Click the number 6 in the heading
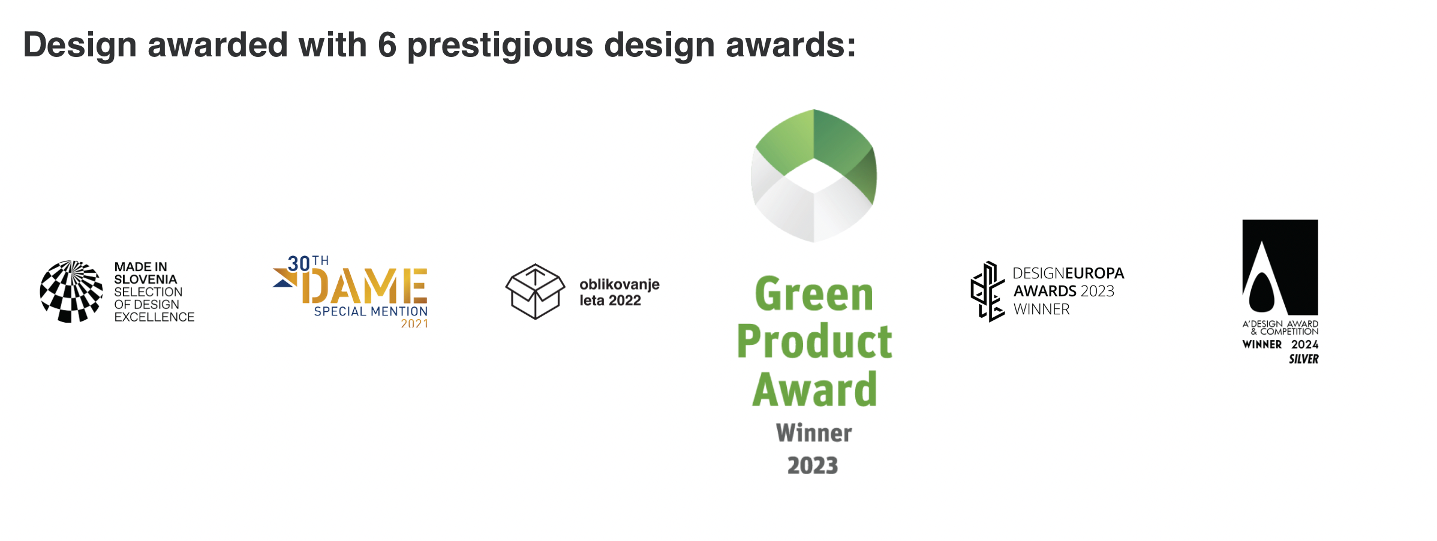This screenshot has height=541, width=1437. tap(387, 45)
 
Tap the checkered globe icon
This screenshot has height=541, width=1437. tap(71, 291)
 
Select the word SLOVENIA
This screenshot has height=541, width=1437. tap(146, 279)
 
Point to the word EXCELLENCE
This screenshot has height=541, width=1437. tap(155, 317)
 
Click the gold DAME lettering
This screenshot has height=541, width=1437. tap(368, 286)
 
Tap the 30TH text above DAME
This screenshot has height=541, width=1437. tap(308, 263)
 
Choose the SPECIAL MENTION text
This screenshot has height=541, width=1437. tap(371, 311)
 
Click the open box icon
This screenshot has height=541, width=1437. tap(535, 291)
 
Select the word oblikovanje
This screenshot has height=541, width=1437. tap(620, 285)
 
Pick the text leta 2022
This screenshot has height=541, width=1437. tap(610, 300)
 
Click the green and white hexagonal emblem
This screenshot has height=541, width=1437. tap(814, 176)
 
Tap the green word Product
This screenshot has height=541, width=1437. tap(814, 341)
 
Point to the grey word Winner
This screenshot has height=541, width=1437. tap(814, 433)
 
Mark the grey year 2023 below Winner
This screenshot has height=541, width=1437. tap(813, 465)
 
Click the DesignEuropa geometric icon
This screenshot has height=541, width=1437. tap(987, 291)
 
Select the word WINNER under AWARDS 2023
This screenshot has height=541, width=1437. tap(1042, 309)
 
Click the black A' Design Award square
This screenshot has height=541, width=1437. tap(1280, 268)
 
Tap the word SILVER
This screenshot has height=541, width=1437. tap(1304, 359)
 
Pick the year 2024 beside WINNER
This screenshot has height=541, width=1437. tap(1305, 344)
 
